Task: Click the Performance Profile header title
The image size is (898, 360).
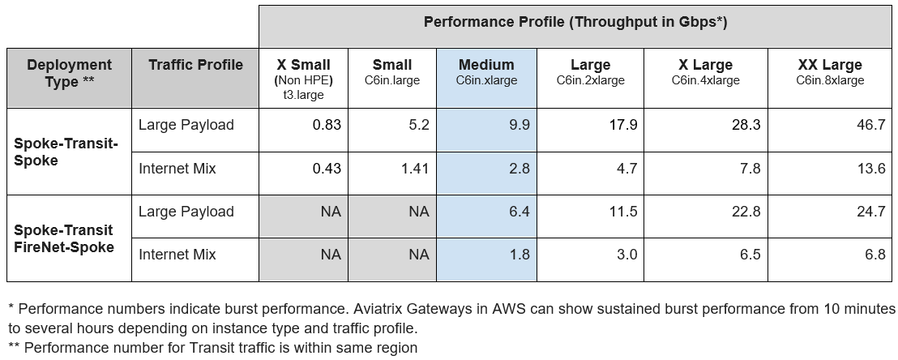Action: [575, 23]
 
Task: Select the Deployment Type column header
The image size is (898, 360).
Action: [69, 73]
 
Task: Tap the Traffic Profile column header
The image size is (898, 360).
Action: [195, 66]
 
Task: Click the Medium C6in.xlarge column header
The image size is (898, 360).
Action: [486, 72]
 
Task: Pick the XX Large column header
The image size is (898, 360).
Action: [829, 72]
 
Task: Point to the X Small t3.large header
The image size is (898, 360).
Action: [304, 79]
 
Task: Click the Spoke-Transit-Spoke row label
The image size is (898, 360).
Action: [66, 152]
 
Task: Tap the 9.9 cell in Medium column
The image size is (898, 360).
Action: [516, 125]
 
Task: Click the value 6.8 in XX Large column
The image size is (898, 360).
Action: [874, 255]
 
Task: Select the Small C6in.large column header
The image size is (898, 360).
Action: [392, 72]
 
